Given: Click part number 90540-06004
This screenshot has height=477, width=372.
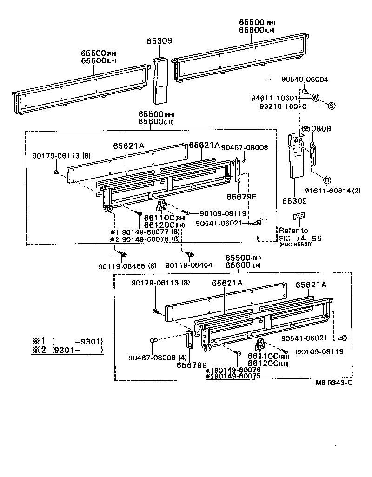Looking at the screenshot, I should coord(305,79).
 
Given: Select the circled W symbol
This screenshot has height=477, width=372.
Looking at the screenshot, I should coord(315,98).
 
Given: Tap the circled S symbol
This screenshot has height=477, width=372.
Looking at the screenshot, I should coord(332,106).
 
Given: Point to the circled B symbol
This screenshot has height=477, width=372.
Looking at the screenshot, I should coord(327,179).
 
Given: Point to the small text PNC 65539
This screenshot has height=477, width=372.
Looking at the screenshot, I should coord(296,245).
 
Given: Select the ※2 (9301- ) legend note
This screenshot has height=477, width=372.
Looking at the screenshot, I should coord(67,350).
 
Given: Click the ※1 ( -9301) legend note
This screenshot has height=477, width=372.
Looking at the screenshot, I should coord(67,341).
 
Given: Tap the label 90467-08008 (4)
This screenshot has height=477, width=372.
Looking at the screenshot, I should coord(151,358).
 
